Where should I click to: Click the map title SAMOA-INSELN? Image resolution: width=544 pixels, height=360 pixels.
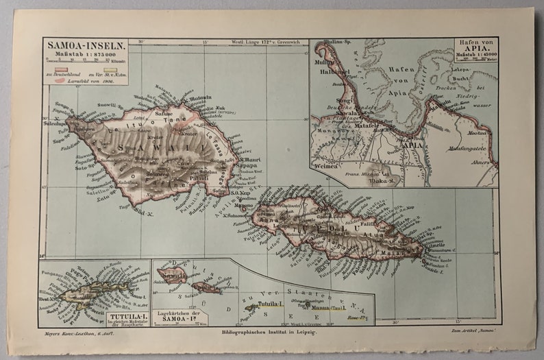click(x=75, y=45)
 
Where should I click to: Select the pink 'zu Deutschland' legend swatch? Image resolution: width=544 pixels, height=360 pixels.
click(x=55, y=71)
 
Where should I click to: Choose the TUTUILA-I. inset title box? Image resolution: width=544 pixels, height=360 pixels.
click(x=126, y=317)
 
